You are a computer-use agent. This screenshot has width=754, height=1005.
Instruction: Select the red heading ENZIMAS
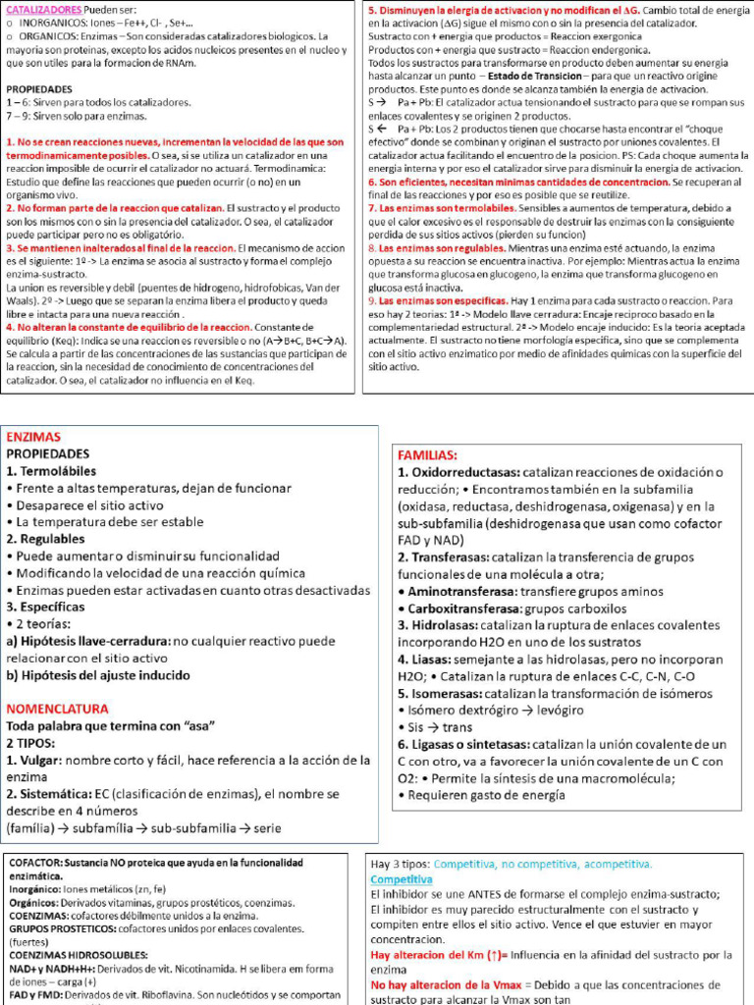(33, 437)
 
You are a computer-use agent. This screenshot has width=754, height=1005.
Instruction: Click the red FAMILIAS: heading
(427, 455)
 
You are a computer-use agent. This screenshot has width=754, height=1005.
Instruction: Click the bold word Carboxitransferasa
(466, 608)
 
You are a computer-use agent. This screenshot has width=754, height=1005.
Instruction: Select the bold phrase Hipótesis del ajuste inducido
(98, 675)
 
